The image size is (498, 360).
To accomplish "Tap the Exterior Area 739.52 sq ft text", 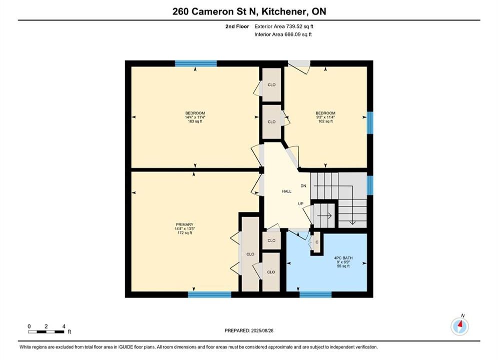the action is coord(284,26).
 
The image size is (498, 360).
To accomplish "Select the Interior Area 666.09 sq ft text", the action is coord(283,34).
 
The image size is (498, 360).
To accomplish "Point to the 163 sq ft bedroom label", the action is coord(195,117).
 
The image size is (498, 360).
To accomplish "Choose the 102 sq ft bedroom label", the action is coord(325,117).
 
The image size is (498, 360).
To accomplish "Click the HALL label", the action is coord(287,191).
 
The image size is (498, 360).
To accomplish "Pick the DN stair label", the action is coord(303,186).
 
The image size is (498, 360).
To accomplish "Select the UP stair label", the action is coord(301,203).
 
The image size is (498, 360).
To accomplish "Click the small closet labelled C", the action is coord(317,242).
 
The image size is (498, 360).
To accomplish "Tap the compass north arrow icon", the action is coord(459,325).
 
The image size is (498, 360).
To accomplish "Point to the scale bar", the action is coord(46,332).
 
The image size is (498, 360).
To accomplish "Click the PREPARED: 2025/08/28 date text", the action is coord(249,330).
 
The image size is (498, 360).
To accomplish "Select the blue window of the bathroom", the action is coord(315,294).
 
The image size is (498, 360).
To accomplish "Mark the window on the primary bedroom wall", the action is coord(210,294).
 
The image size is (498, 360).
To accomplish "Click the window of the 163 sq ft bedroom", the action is coord(196,63).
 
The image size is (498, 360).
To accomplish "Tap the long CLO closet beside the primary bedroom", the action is coord(250,253).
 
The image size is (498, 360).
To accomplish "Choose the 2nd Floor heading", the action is coord(237,26).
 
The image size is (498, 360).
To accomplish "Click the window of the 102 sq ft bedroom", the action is coord(370,122).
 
